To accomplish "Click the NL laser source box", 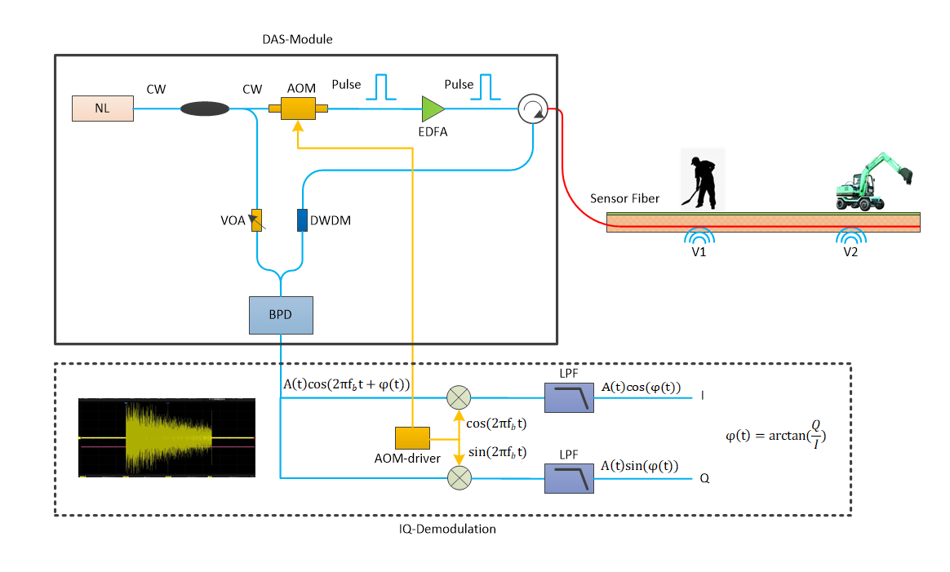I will [103, 109].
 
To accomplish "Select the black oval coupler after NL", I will [204, 109].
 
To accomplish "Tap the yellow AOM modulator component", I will [298, 109].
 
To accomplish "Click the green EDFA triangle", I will [432, 109].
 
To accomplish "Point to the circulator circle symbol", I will [532, 109].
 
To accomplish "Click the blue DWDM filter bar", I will [302, 220].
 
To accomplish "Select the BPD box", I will [281, 315].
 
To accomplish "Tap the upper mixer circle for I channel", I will [459, 397].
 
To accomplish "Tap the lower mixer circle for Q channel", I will [459, 478].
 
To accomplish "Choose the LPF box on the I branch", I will [570, 397].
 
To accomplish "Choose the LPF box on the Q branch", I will [570, 478].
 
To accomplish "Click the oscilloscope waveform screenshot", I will [166, 438].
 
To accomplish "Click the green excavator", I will [872, 181].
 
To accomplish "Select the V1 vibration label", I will [699, 251].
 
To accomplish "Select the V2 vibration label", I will [850, 251].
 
